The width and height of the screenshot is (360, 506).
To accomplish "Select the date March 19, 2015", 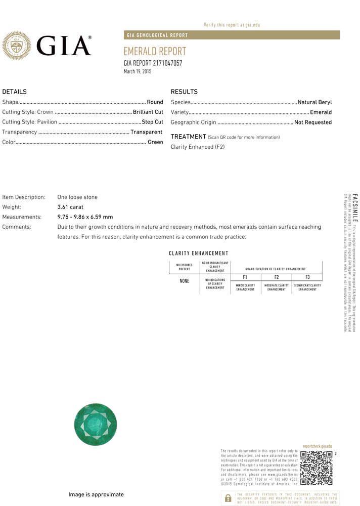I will tap(138, 72).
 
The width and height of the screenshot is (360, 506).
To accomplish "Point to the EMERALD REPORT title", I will tap(155, 52).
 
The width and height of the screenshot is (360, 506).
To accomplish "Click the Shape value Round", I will tap(155, 102).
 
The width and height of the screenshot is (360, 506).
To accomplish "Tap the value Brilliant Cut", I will tap(148, 112).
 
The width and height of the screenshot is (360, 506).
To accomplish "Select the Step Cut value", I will tap(152, 122).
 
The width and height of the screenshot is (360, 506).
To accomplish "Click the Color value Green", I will tap(155, 142).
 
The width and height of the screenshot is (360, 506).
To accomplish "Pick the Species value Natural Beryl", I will tap(314, 102).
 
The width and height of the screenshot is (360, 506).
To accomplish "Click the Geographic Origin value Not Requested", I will tap(313, 122).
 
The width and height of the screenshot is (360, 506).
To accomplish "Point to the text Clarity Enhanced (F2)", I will tap(198, 147).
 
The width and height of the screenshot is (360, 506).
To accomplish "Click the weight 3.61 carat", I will tap(70, 207).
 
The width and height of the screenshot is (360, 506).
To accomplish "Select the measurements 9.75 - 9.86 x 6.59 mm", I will tap(85, 217).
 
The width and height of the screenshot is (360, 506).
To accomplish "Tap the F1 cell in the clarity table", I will tap(245, 277).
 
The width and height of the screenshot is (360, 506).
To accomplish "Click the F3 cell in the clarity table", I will tap(307, 277).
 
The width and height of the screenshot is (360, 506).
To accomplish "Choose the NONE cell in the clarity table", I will tap(184, 281).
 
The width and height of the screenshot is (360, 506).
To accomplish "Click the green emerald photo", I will tap(96, 425).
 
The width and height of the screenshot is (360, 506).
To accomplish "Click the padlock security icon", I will tap(228, 498).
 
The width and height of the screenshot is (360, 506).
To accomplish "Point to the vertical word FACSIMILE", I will tap(355, 207).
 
